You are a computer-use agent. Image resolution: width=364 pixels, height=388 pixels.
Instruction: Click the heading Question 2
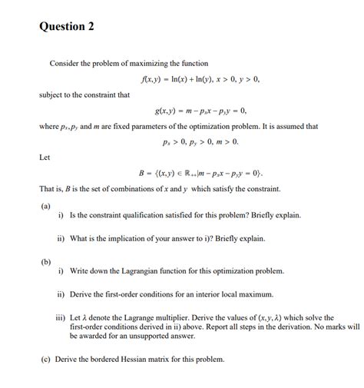66,27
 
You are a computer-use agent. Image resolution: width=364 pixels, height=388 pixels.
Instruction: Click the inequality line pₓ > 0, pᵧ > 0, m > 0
200,142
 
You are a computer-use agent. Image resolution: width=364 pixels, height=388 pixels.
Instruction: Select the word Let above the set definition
44,158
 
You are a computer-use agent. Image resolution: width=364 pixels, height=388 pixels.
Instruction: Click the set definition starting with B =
201,173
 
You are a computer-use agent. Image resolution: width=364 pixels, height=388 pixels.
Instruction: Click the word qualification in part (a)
151,215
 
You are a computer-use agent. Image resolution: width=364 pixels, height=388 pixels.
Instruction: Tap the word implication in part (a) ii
137,238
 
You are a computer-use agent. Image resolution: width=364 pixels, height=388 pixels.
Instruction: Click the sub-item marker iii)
60,317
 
